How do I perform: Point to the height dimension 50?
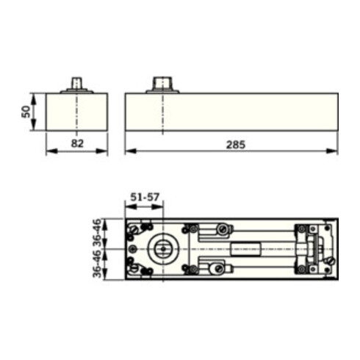[24, 112]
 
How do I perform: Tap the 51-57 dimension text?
[144, 197]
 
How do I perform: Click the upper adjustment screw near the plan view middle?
[221, 230]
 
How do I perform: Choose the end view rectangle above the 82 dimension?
[76, 112]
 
